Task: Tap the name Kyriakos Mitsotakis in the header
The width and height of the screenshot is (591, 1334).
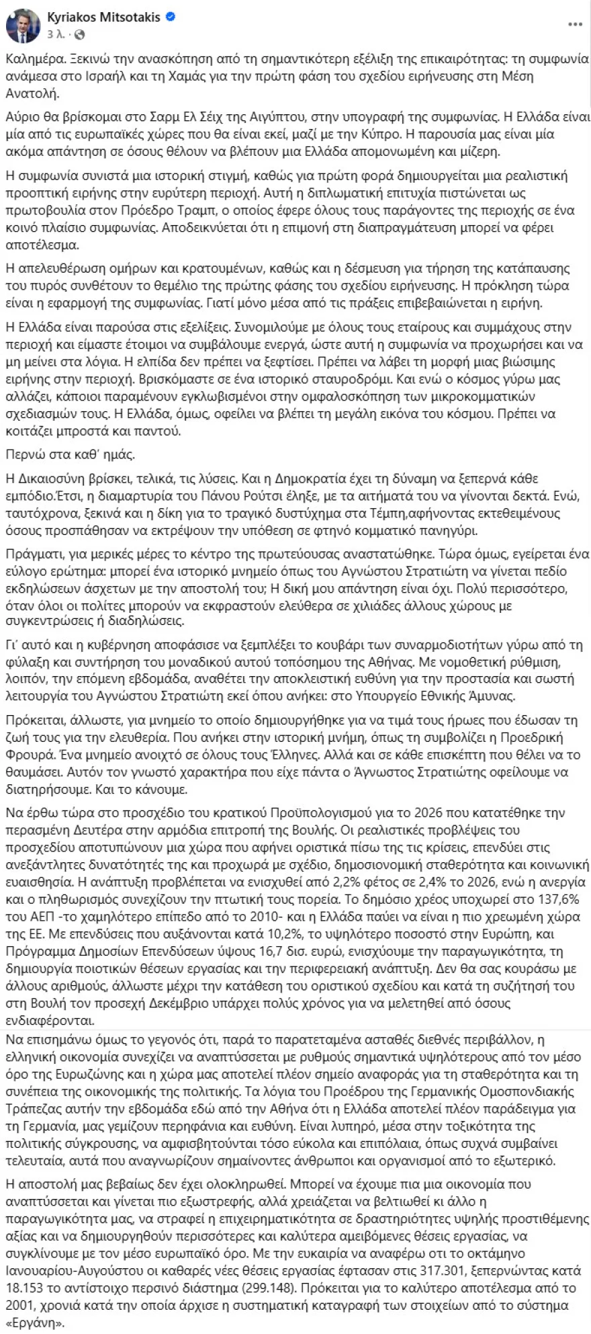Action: coord(103,17)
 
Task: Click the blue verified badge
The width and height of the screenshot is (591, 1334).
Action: coord(171,17)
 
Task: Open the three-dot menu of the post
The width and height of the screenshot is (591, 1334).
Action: coord(575,25)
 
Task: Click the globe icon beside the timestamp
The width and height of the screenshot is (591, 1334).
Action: coord(80,34)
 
